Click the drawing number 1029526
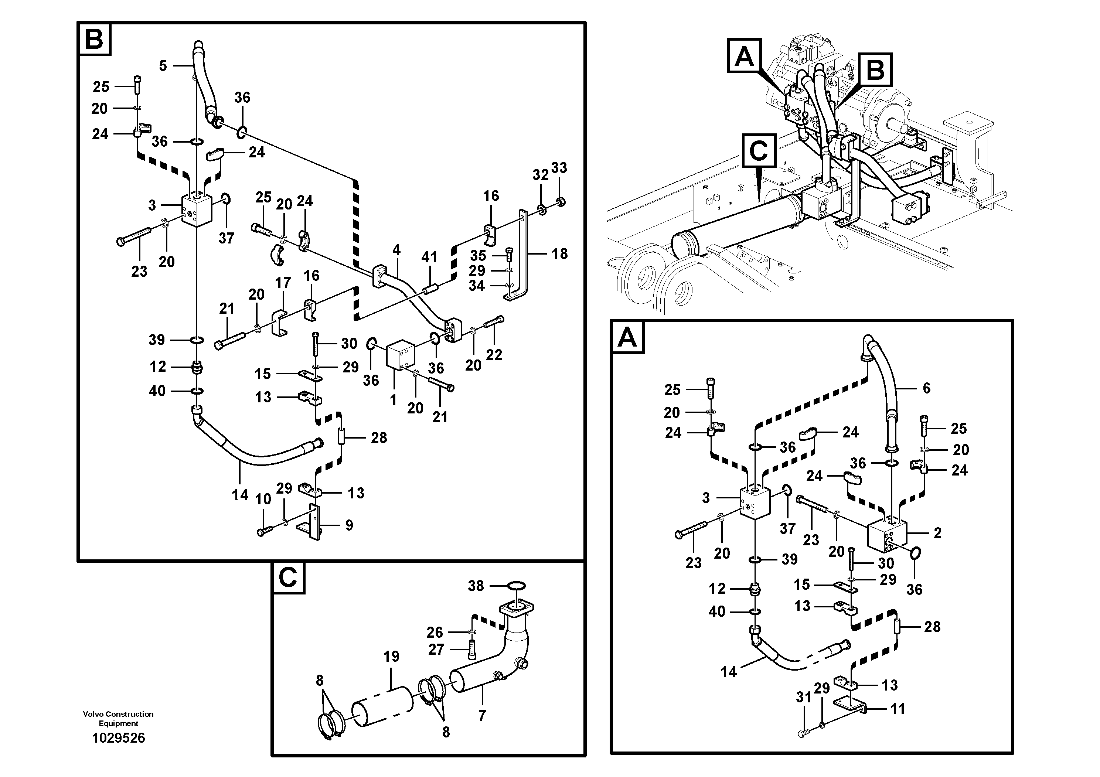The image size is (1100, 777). point(118,738)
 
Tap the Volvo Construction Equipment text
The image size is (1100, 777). point(118,719)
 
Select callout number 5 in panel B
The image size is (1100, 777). point(163,66)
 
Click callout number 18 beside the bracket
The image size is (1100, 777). point(559,253)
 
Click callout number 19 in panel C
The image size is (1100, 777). point(391,656)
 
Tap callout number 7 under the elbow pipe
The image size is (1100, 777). point(482,715)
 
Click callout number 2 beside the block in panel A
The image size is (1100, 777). point(937,533)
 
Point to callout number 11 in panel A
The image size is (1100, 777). point(898,709)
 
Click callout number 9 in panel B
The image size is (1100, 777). point(349,525)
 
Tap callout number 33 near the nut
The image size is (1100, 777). point(559,168)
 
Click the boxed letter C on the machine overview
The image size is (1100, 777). point(759,150)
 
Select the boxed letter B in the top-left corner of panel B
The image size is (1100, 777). point(94,39)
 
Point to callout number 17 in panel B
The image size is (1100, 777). point(283,283)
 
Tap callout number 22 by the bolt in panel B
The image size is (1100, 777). point(494,355)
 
